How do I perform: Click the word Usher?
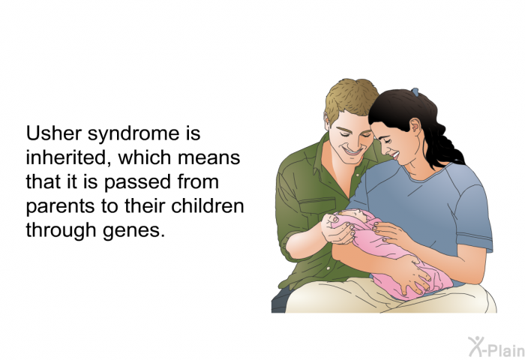[x=53, y=133]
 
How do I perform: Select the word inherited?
[x=69, y=157]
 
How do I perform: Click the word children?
[x=207, y=205]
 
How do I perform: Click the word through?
[x=61, y=231]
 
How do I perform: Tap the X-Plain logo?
[x=496, y=346]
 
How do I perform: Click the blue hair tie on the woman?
[x=415, y=91]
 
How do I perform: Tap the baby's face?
[x=351, y=216]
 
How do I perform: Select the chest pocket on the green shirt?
[x=316, y=205]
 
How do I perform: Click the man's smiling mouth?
[x=353, y=151]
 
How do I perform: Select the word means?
[x=208, y=158]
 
